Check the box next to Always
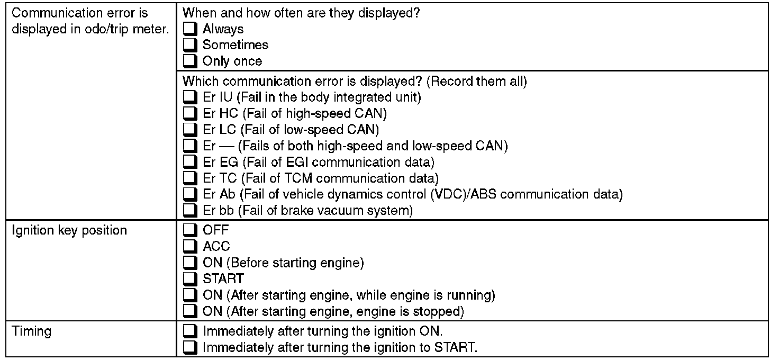click(x=189, y=29)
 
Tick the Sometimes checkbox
click(x=189, y=45)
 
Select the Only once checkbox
click(x=189, y=61)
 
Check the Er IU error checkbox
click(x=189, y=97)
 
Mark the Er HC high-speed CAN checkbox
click(x=189, y=113)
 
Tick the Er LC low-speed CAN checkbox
click(x=189, y=129)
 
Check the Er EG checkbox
click(x=189, y=161)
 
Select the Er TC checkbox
click(x=189, y=178)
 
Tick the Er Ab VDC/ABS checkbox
click(x=189, y=194)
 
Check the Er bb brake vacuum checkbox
click(x=189, y=210)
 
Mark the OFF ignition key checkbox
click(x=189, y=230)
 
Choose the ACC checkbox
click(x=189, y=246)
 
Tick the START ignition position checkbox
click(x=189, y=278)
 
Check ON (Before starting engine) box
click(x=189, y=263)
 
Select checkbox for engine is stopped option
click(x=189, y=311)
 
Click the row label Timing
click(x=32, y=332)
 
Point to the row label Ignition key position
click(x=69, y=231)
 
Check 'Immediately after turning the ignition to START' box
click(x=189, y=348)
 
